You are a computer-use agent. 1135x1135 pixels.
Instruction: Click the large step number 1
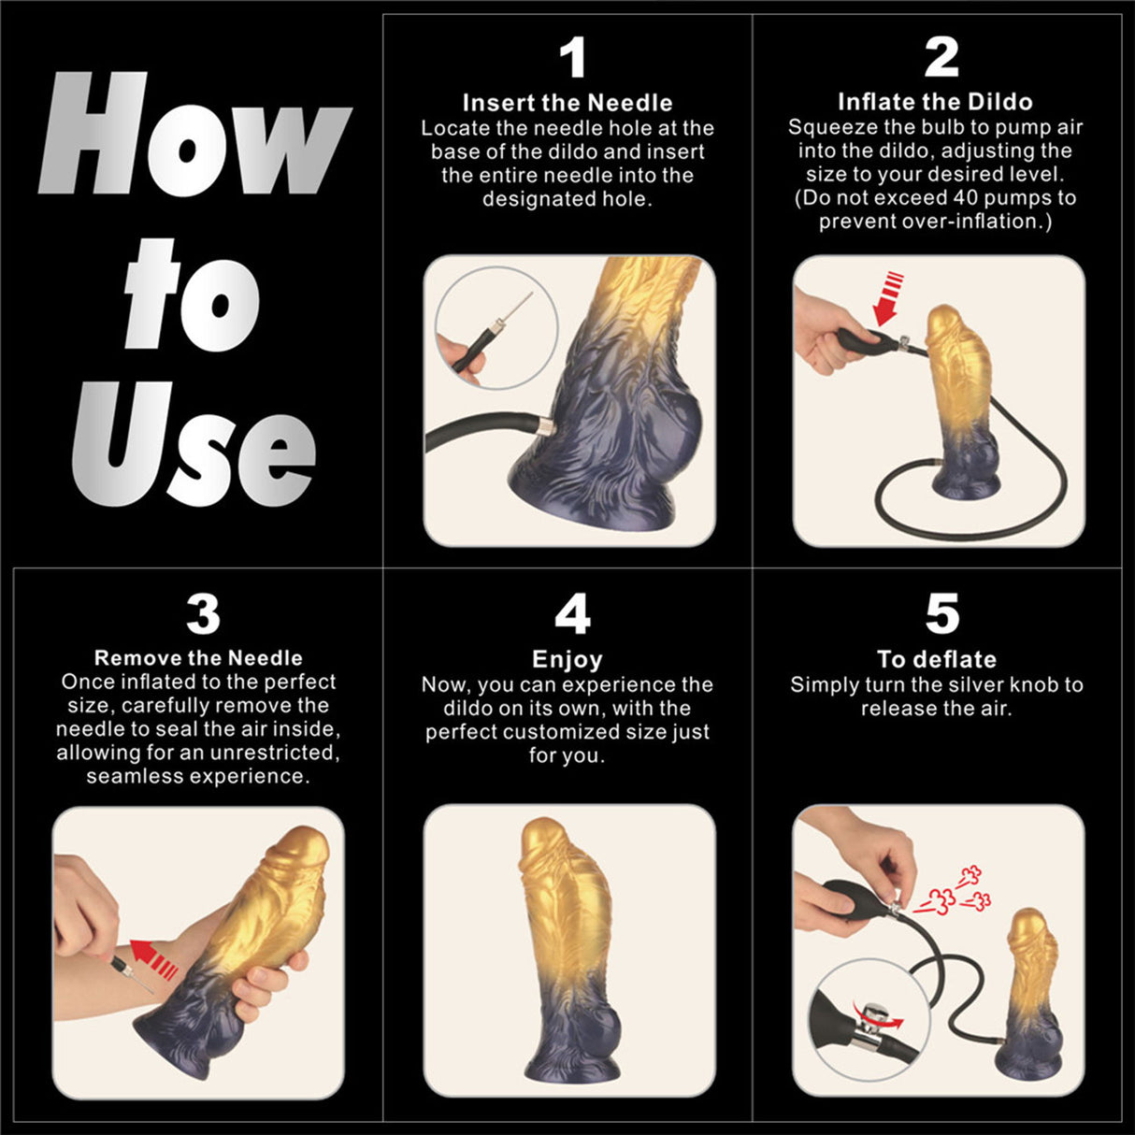point(571,58)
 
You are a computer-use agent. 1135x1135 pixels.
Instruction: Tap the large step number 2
point(941,58)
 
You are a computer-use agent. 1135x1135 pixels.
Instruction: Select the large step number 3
point(203,614)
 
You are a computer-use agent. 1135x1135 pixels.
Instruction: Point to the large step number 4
point(572,614)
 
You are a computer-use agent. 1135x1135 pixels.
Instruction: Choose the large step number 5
point(941,614)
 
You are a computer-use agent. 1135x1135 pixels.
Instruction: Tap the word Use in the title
point(194,444)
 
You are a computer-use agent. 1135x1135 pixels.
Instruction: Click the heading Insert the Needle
point(567,103)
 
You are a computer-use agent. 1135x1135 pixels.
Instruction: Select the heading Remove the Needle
point(198,657)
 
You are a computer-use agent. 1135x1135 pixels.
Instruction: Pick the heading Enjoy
point(567,659)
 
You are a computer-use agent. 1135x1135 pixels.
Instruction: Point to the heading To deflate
point(937,659)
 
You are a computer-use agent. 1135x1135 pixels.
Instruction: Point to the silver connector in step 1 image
point(542,426)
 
